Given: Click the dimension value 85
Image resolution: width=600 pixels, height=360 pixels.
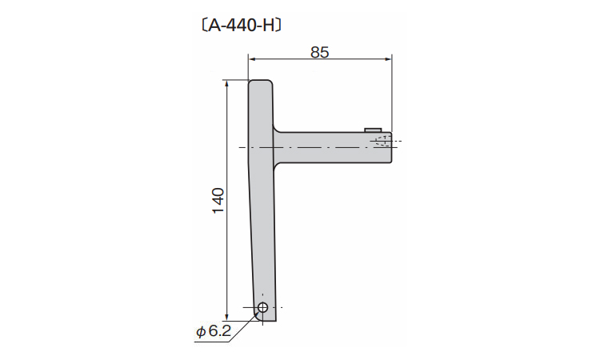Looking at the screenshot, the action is pos(320,52).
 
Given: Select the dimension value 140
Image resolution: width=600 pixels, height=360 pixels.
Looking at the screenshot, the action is pos(218,201).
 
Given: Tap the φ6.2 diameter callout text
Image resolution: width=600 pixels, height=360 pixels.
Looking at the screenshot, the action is pos(214,331).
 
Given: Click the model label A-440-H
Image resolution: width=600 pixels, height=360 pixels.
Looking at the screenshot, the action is pos(242,26).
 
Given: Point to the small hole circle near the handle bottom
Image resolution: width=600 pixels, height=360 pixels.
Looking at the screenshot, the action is pos(263,307).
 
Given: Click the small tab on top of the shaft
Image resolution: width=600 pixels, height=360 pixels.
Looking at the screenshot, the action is pos(373,130).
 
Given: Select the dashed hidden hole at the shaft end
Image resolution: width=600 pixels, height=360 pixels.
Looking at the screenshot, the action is pos(382,141).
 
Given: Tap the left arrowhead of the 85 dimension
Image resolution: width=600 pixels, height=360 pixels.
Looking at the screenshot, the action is pos(252,59).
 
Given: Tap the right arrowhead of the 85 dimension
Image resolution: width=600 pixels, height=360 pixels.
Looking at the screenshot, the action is pos(388,59).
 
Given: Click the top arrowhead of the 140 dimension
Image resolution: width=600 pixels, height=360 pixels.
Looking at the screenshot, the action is pos(227,84).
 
